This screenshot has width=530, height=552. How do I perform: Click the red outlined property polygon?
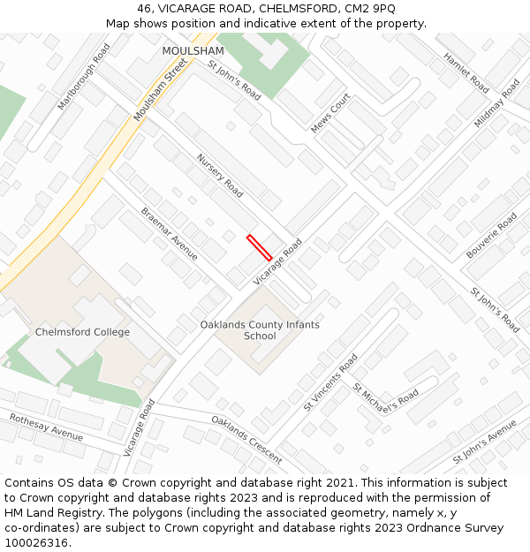coord(259,247)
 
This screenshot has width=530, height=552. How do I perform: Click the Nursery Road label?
coord(220,175)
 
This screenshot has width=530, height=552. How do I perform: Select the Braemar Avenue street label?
coord(170,233)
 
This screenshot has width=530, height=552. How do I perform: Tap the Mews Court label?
coord(331,113)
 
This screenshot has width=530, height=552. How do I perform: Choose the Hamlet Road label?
coord(466,72)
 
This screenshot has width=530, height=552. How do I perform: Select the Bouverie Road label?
coord(491,235)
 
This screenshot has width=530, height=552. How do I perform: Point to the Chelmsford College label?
coord(82,332)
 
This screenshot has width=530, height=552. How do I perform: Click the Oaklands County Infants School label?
coord(260,330)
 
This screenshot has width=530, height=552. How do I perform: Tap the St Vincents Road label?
coord(330,382)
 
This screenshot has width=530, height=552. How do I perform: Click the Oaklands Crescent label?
coord(246,439)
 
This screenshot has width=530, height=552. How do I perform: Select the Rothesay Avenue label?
coord(46,427)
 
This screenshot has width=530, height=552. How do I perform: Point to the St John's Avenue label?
coord(484,442)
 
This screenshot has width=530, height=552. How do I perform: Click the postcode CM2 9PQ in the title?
coord(371,9)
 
